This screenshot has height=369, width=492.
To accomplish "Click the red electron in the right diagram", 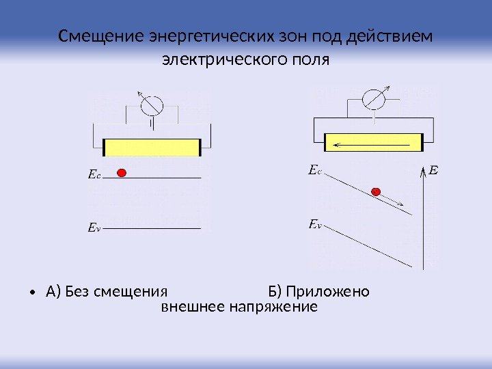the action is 376,192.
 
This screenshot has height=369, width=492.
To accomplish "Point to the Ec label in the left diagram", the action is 94,175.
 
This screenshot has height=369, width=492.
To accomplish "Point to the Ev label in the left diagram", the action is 94,226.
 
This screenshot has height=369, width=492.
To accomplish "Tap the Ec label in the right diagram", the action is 314,168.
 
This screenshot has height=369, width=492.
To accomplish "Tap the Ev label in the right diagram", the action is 314,223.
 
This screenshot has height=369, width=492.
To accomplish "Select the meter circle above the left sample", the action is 151,105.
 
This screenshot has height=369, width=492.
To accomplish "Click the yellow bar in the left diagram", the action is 152,147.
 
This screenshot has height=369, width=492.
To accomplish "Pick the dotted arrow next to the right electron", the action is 393,200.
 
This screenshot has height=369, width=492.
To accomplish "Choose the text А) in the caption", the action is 53,292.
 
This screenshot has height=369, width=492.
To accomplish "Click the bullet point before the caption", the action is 33,294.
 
